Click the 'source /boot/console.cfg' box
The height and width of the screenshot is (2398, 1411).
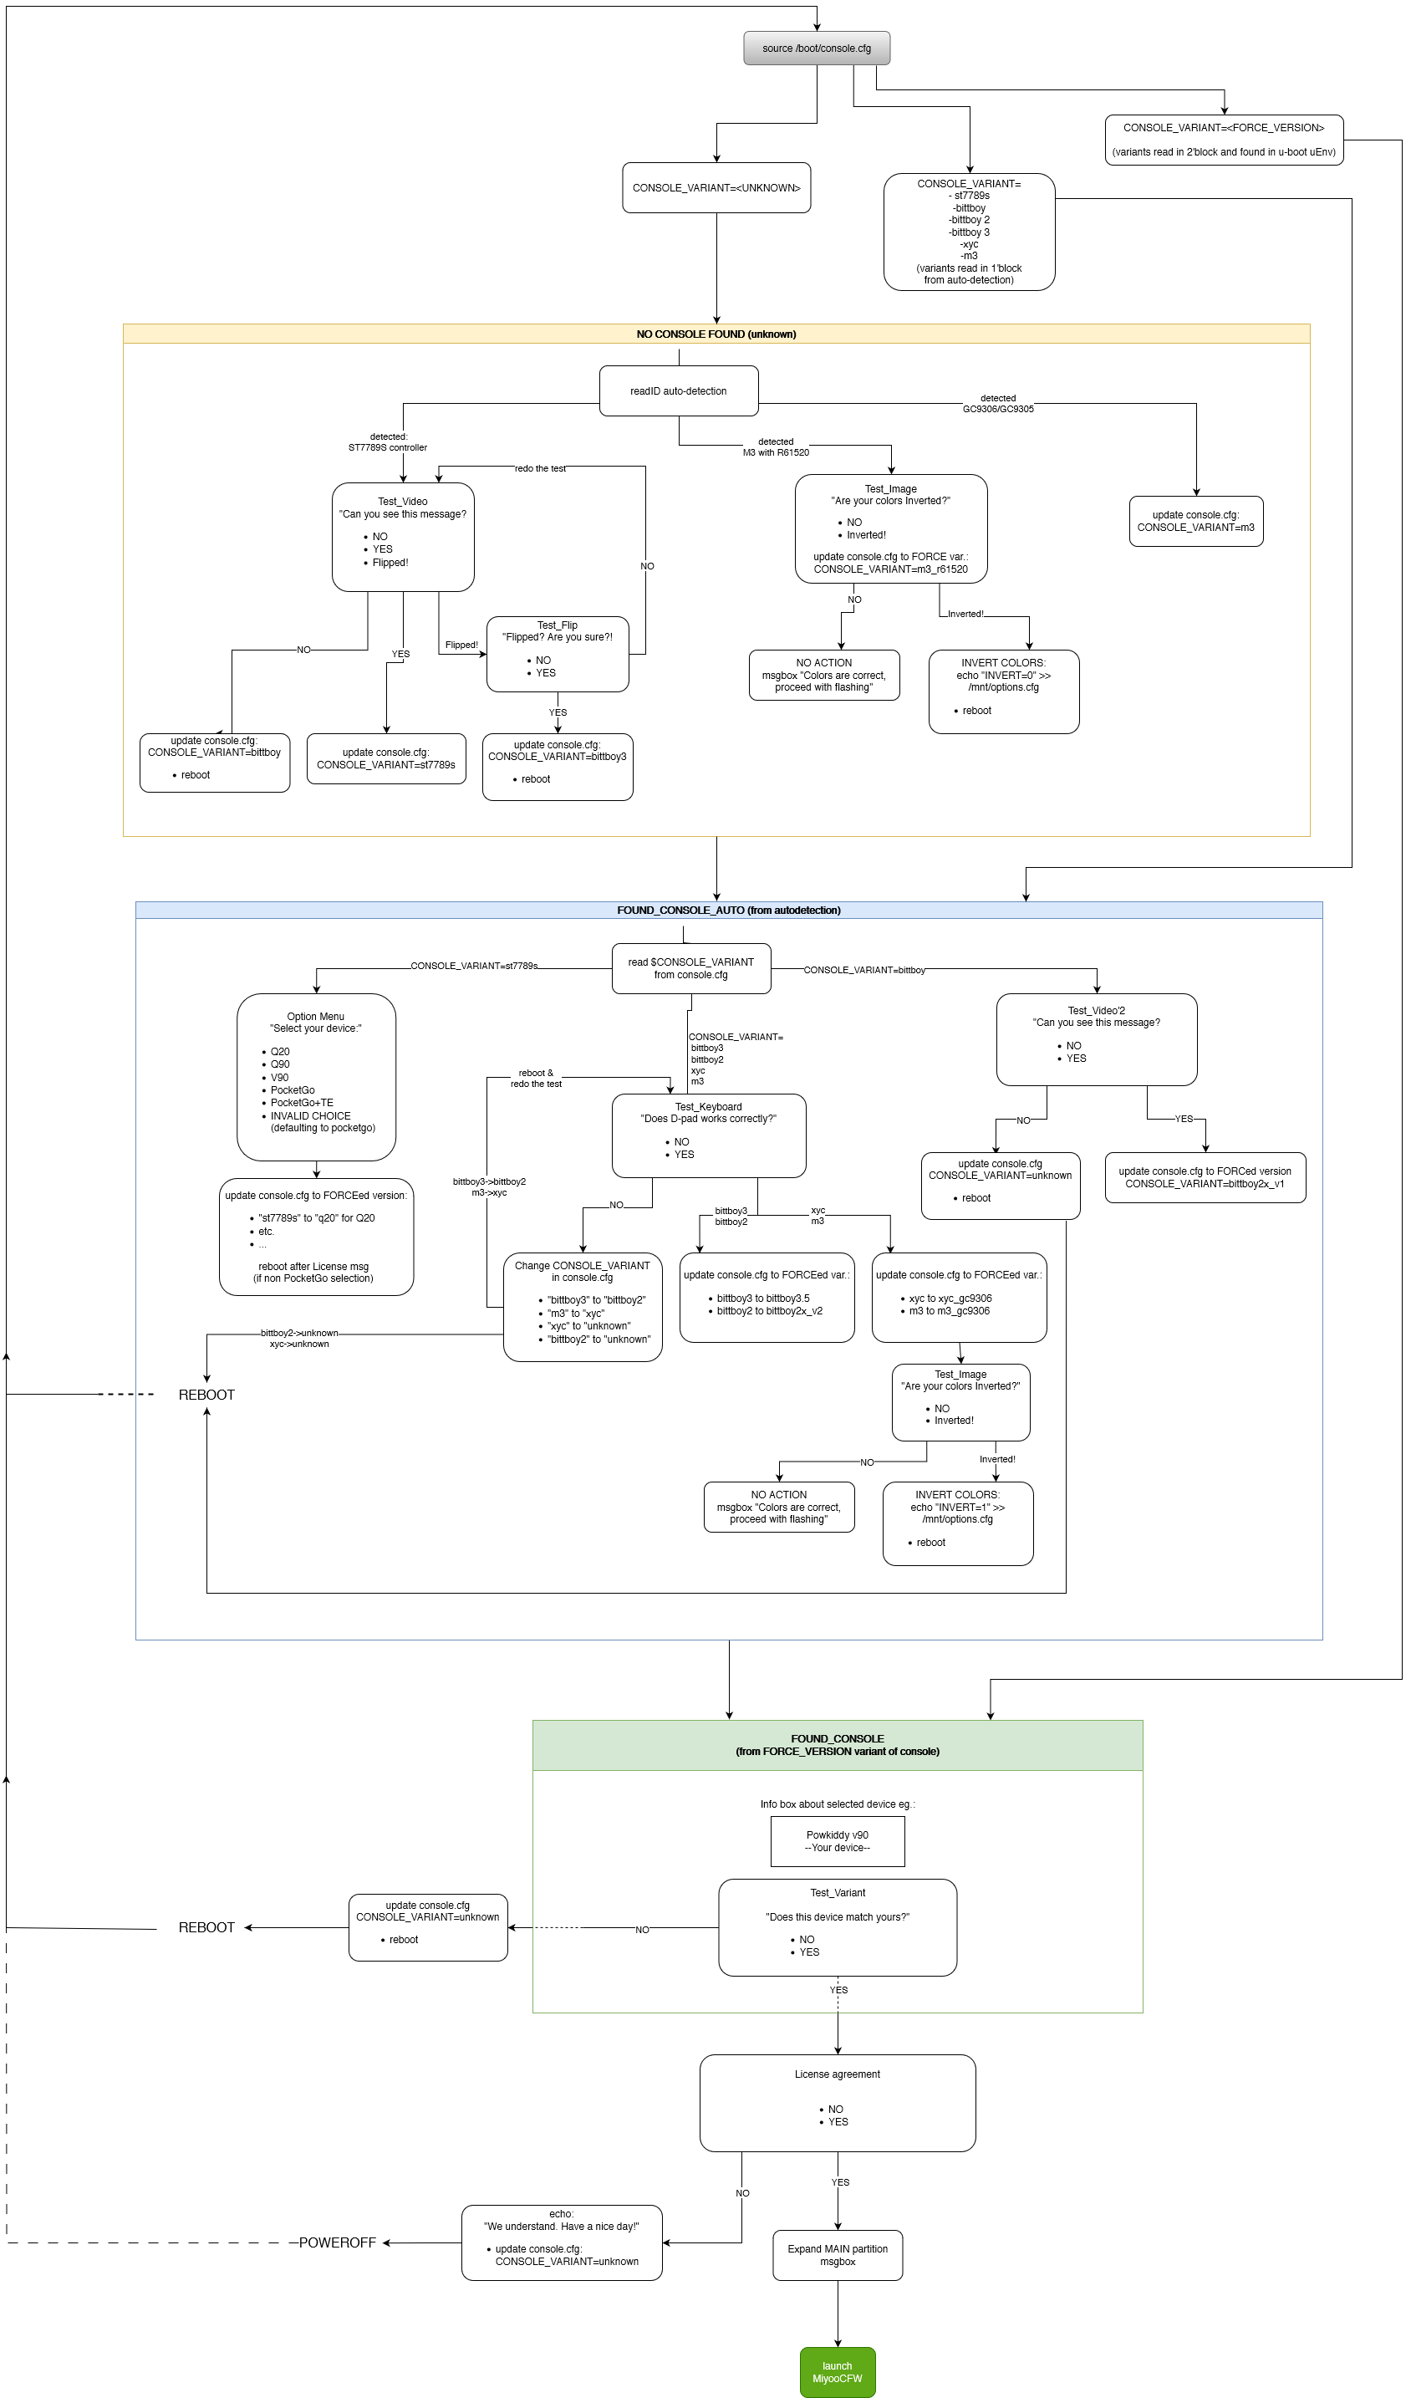pos(817,48)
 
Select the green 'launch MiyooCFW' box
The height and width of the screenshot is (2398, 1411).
pos(838,2371)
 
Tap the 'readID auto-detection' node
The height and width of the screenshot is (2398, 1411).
pos(679,391)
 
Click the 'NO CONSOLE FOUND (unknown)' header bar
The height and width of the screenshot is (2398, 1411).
pos(716,334)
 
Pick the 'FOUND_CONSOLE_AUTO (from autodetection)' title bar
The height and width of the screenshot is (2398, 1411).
pos(728,911)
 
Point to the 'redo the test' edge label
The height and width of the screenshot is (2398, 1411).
pos(541,468)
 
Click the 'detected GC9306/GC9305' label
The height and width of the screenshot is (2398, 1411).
pos(998,404)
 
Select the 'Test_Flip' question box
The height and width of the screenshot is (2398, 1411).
pos(558,654)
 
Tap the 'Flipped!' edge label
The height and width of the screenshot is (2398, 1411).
pos(461,645)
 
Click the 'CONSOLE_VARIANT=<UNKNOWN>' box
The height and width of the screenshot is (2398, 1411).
pos(716,187)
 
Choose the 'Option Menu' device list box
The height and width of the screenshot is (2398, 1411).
pos(316,1077)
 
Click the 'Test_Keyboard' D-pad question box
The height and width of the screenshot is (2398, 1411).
pos(709,1135)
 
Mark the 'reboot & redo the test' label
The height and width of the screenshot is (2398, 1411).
pos(537,1078)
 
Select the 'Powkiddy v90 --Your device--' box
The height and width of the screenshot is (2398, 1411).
pos(838,1841)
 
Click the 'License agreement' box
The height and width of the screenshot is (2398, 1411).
pos(838,2103)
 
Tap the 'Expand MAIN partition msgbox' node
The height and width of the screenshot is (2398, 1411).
pos(838,2255)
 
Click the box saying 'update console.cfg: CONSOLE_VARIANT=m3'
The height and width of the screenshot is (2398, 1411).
pos(1196,522)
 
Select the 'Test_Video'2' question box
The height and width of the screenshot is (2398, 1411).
pos(1096,1039)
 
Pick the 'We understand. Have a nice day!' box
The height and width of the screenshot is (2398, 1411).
pos(562,2242)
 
